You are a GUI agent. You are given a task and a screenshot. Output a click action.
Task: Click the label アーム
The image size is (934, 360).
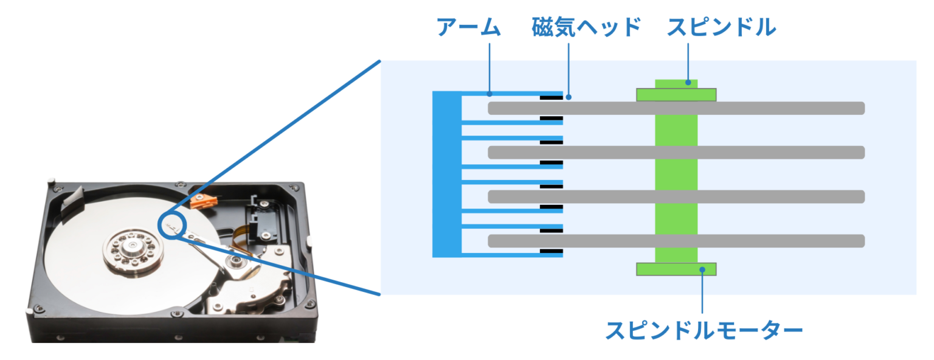[468, 27]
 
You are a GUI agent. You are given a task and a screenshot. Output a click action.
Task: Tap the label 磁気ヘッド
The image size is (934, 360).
[586, 27]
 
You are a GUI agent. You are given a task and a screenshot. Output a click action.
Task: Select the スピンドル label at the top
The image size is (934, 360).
[721, 27]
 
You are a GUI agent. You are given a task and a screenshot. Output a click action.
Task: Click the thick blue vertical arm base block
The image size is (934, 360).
[447, 174]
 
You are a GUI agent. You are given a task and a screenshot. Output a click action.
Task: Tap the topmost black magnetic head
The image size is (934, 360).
[552, 97]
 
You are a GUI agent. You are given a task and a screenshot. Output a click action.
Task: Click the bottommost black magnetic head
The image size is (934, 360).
[552, 251]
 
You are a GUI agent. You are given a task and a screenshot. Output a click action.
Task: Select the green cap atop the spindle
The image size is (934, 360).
[676, 94]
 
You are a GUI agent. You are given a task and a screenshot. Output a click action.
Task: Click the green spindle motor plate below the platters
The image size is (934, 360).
[676, 269]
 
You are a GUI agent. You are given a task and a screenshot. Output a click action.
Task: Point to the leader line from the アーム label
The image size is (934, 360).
[490, 67]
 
